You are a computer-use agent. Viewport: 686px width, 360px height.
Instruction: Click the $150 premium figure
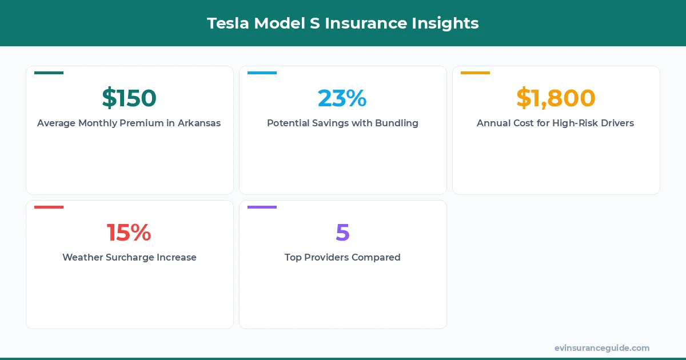click(129, 98)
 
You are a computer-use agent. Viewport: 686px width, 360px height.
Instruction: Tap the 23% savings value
click(342, 98)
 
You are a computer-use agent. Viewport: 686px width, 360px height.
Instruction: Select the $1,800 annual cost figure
click(556, 98)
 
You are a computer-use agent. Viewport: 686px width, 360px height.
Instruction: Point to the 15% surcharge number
click(129, 233)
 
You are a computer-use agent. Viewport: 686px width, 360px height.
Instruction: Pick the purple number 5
click(342, 233)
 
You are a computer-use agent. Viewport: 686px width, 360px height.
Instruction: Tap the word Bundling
click(396, 123)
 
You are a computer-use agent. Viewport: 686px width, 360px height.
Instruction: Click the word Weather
click(82, 257)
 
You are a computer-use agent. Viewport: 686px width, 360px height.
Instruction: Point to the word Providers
click(326, 257)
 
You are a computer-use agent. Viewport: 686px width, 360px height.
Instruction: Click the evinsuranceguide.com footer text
click(602, 348)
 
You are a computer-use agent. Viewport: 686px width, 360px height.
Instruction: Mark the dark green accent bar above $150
click(49, 73)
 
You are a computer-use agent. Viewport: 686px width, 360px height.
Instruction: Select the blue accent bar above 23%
click(262, 73)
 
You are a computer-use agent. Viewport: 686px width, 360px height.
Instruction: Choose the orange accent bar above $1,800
click(475, 73)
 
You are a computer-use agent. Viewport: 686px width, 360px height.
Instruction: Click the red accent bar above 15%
click(49, 207)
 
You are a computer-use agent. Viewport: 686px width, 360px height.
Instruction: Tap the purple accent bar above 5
click(262, 207)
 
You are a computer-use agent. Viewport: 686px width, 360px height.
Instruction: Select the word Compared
click(376, 257)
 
